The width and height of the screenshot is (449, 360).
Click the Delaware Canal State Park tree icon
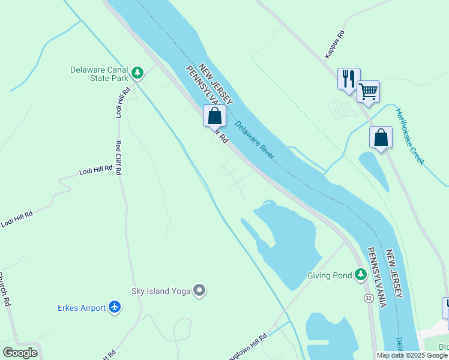[x=138, y=73]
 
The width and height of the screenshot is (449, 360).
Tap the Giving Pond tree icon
[x=360, y=275]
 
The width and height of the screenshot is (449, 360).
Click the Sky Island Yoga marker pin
[x=200, y=291]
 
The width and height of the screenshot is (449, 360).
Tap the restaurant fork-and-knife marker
[x=348, y=79]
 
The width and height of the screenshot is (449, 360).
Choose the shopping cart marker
[x=368, y=92]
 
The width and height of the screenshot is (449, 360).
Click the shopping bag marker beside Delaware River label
[x=214, y=115]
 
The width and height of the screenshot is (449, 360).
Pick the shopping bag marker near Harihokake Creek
[x=381, y=137]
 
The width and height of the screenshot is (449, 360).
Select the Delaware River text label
[x=255, y=141]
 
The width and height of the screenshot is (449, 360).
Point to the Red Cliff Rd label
[x=119, y=158]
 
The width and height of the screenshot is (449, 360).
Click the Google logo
[x=20, y=353]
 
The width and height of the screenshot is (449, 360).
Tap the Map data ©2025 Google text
[x=411, y=355]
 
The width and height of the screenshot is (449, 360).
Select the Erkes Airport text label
[x=82, y=308]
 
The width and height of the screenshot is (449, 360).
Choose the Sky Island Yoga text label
[x=161, y=292]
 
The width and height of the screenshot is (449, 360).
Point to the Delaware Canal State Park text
[x=99, y=74]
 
